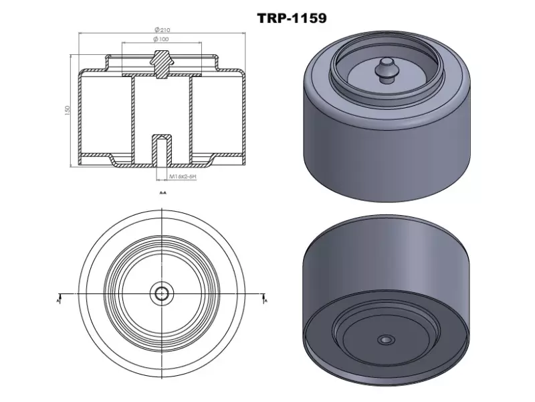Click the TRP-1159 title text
click(292, 18)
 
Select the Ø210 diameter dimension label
click(160, 29)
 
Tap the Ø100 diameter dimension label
click(160, 40)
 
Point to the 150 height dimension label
click(68, 110)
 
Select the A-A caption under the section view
click(163, 192)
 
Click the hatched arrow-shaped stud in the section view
click(161, 62)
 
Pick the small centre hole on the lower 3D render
click(385, 340)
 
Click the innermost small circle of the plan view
click(162, 293)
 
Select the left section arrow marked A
click(60, 297)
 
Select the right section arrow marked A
click(264, 297)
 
